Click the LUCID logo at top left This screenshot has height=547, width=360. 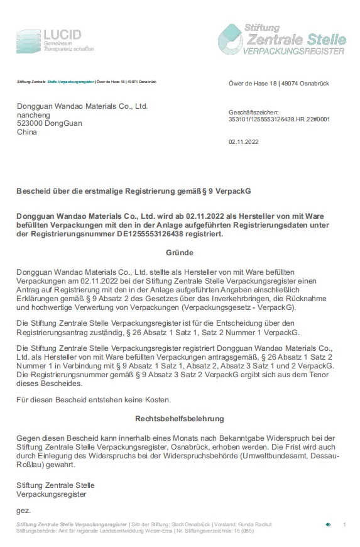point(55,40)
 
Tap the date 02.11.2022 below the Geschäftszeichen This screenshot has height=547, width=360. point(243,142)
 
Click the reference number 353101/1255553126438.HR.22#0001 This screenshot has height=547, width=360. point(279,118)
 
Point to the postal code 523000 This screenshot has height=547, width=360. point(29,124)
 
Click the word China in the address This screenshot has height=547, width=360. point(27,133)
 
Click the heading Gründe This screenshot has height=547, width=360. point(179,252)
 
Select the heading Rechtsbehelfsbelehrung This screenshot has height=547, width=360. point(179,418)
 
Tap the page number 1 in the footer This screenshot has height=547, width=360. point(344,524)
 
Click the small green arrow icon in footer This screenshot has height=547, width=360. point(328,524)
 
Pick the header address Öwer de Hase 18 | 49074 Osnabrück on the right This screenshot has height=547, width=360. point(278,84)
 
